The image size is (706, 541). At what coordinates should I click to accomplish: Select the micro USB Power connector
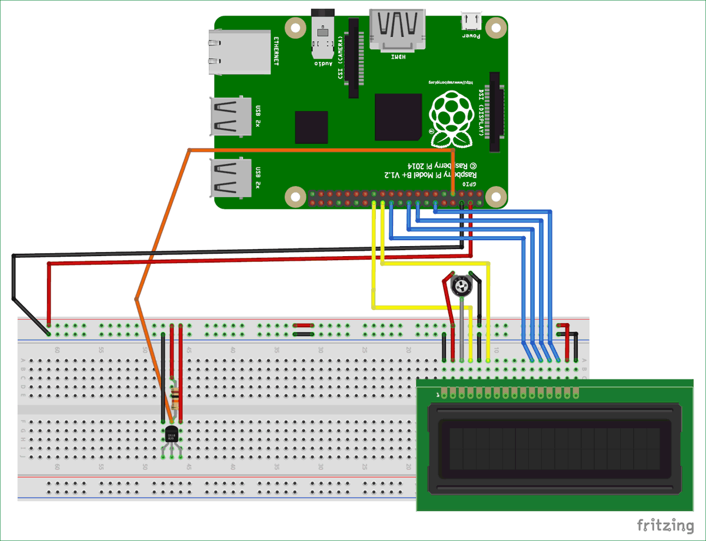coord(471,22)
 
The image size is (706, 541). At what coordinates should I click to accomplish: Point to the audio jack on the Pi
coord(322,35)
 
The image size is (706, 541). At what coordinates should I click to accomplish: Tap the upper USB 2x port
coord(231,115)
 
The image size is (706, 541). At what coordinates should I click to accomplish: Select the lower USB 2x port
coord(231,179)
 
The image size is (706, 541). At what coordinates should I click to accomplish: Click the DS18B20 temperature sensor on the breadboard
coord(171,434)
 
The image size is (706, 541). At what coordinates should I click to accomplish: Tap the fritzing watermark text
coord(665,524)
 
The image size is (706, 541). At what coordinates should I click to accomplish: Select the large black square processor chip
coord(398,117)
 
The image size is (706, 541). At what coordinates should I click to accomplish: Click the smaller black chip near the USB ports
coord(311,127)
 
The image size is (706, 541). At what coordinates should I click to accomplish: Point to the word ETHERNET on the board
coord(277,51)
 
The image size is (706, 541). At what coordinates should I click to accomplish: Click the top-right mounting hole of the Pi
coord(497,28)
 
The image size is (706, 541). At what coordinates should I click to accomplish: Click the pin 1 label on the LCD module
coord(437,395)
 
